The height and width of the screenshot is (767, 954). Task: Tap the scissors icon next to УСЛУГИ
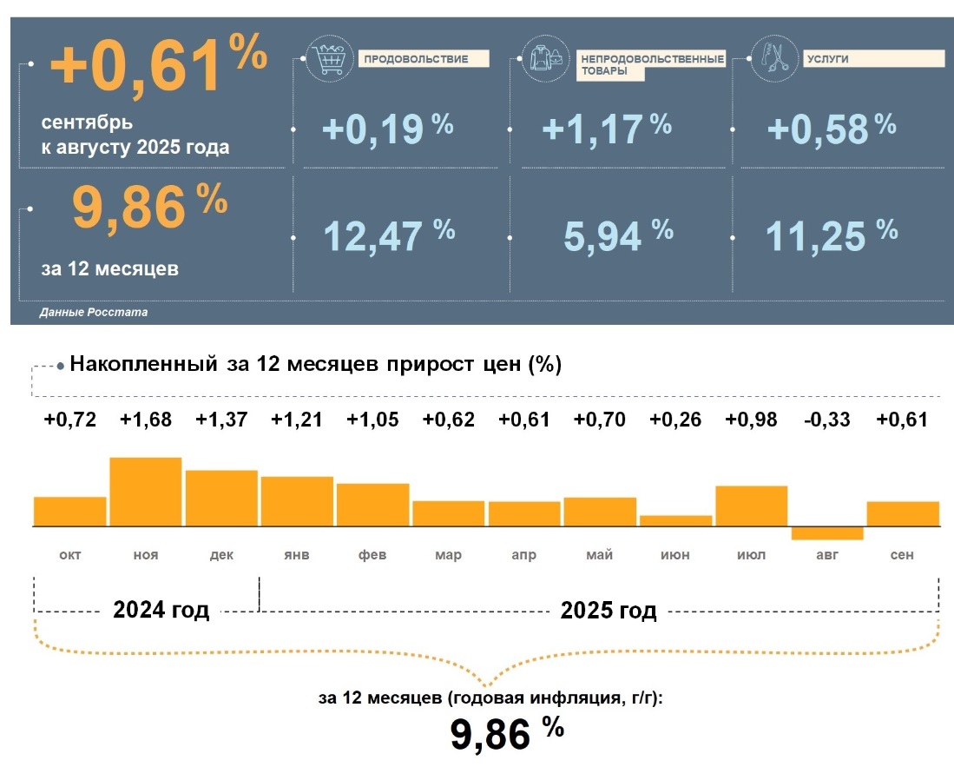(769, 57)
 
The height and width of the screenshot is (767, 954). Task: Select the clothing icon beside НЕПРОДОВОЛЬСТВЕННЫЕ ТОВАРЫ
(546, 58)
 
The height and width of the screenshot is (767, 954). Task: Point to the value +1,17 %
(606, 129)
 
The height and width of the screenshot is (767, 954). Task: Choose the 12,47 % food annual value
(388, 235)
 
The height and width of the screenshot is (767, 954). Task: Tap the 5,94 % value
(617, 235)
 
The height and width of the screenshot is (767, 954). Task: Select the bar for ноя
(146, 492)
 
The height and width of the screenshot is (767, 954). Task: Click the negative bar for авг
(826, 533)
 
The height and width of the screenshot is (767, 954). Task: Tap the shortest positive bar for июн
(675, 521)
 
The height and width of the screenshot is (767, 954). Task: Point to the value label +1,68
(146, 420)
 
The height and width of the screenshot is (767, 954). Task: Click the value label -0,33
(826, 420)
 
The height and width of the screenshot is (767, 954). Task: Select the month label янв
(297, 555)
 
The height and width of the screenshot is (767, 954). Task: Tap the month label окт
(70, 555)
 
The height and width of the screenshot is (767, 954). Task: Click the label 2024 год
(161, 611)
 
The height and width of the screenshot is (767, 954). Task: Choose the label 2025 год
(609, 611)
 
